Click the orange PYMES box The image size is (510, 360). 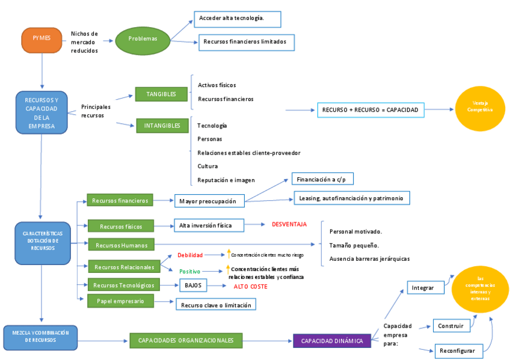[x=42, y=40]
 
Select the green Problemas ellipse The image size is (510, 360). [x=143, y=39]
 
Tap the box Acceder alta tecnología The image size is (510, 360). [x=238, y=19]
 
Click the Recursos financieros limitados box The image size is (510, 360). [x=247, y=42]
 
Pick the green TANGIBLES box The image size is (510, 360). [x=161, y=94]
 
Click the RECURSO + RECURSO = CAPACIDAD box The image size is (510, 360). [x=370, y=110]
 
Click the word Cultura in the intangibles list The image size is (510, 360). [x=207, y=166]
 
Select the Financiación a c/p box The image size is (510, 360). [x=322, y=179]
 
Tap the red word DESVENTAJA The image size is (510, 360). [x=289, y=224]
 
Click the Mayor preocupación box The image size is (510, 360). [x=209, y=201]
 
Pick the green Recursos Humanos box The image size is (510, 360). [x=121, y=245]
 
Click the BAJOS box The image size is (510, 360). [x=193, y=285]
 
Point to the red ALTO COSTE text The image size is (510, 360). [x=250, y=287]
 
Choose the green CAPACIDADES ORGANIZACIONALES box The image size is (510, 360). [x=186, y=340]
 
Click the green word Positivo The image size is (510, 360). [x=190, y=272]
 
